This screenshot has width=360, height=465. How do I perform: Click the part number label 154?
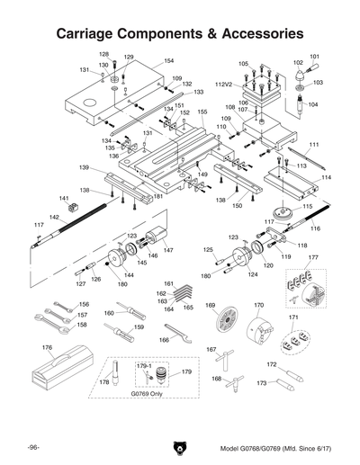coord(168,61)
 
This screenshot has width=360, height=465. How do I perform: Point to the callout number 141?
coord(64,198)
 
